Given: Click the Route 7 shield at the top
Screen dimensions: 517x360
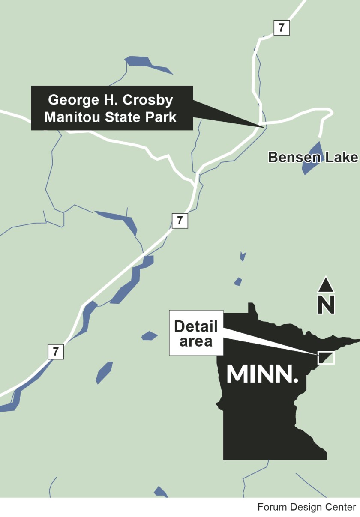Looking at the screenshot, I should pyautogui.click(x=282, y=28).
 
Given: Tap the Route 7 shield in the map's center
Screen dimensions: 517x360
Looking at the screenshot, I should pyautogui.click(x=180, y=221).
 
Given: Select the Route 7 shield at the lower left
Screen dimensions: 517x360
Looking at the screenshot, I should pyautogui.click(x=56, y=351).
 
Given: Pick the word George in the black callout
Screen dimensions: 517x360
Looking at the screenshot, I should pyautogui.click(x=70, y=100).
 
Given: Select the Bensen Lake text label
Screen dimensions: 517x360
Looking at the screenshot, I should pyautogui.click(x=312, y=157).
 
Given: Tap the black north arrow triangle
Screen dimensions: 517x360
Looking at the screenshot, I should pyautogui.click(x=326, y=284).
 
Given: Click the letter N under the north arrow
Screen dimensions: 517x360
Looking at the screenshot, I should pyautogui.click(x=326, y=305).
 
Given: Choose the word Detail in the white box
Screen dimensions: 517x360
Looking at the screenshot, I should pyautogui.click(x=196, y=326).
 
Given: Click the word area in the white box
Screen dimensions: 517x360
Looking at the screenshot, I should pyautogui.click(x=196, y=341).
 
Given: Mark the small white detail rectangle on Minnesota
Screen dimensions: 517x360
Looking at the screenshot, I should pyautogui.click(x=326, y=358).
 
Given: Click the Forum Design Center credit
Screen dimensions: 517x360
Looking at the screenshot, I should pyautogui.click(x=306, y=507).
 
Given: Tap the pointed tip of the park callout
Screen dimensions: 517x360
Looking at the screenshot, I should pyautogui.click(x=262, y=126).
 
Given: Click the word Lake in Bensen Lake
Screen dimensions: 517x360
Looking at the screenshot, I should pyautogui.click(x=341, y=157).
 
